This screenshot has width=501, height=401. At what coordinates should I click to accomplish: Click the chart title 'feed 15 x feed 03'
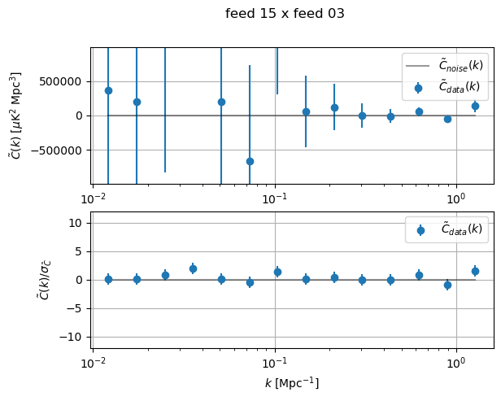click(285, 13)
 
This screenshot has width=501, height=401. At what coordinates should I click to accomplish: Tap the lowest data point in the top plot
click(250, 161)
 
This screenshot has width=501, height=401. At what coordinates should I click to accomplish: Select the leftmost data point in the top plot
click(108, 90)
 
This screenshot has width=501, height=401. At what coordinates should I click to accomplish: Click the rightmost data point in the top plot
click(475, 106)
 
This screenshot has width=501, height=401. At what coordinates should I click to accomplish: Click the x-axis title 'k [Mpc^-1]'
click(292, 382)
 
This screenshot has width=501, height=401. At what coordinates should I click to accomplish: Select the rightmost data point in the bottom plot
click(475, 271)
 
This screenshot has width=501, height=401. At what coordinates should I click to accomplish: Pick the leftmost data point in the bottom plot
click(108, 279)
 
